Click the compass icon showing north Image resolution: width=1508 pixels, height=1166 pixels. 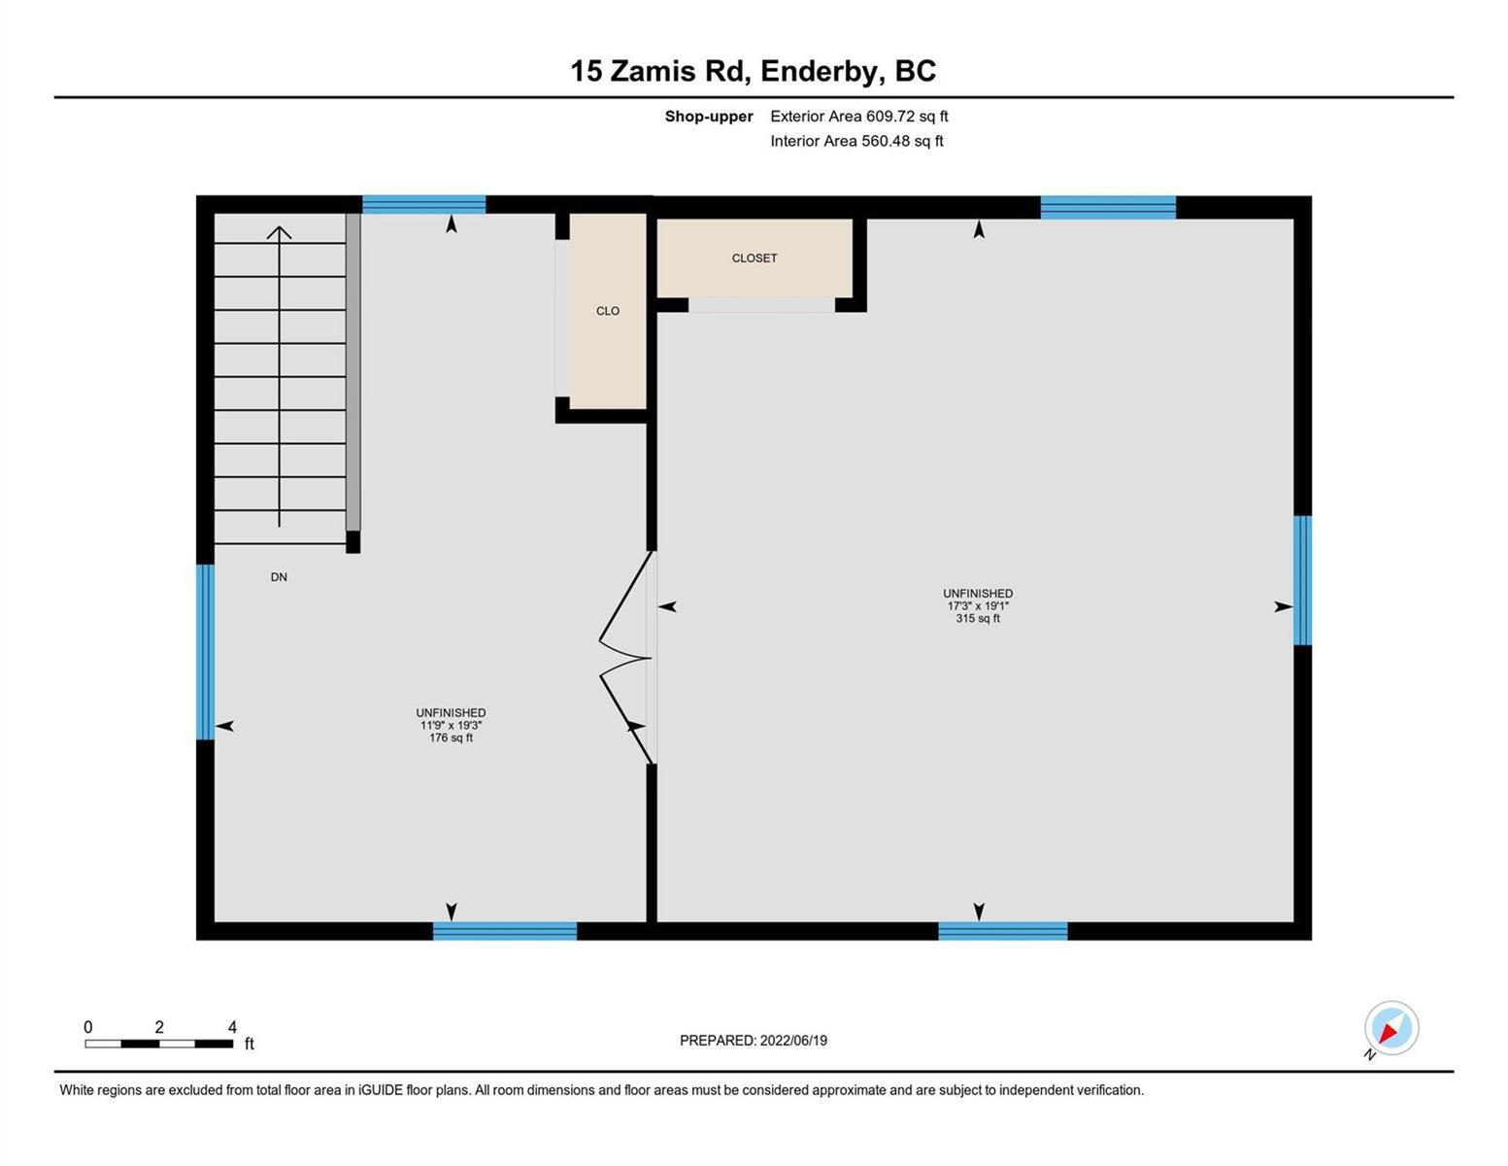point(1391,1028)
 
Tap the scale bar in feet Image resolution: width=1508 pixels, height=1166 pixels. point(159,1043)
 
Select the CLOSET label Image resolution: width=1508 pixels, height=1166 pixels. point(754,258)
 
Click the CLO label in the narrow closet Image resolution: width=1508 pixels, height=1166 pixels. point(608,311)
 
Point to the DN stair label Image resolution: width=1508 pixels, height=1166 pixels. point(279,577)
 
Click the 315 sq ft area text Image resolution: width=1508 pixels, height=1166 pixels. point(978,618)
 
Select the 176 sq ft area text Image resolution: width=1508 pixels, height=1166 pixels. point(452,737)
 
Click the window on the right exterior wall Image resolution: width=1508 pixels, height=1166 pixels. point(1302,580)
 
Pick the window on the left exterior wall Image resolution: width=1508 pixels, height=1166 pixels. point(206,652)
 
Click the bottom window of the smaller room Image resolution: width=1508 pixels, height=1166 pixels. point(505,931)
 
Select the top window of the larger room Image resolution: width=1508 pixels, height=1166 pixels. point(1108,208)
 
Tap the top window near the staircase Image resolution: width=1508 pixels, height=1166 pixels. point(424,205)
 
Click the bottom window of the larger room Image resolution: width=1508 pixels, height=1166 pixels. point(1003,931)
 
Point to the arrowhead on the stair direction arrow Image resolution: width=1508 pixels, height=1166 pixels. point(279,232)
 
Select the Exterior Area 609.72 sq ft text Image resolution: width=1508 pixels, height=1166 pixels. point(859,117)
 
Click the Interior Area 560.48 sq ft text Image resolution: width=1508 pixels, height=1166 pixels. point(857,141)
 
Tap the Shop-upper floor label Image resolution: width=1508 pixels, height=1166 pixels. point(709,117)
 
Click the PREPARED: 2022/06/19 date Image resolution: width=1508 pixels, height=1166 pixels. point(754,1041)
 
